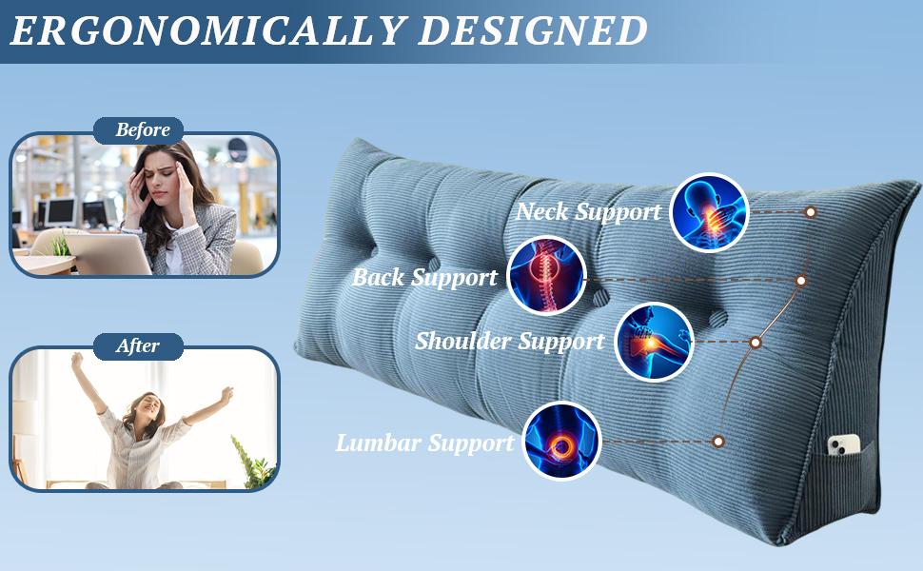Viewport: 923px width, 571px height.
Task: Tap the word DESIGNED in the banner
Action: [x=533, y=30]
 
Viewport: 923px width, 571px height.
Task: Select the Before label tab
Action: [x=138, y=130]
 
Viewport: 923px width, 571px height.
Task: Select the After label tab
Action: [x=138, y=346]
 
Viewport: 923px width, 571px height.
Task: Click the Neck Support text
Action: [x=589, y=212]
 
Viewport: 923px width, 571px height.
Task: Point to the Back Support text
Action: [x=425, y=277]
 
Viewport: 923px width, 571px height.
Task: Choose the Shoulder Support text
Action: [x=510, y=341]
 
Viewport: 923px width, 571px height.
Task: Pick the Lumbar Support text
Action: [x=425, y=443]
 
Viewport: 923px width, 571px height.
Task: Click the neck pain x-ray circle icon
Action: [x=709, y=212]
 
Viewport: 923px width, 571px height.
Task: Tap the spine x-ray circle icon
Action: [x=546, y=275]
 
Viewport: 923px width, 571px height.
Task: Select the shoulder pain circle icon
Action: [x=654, y=342]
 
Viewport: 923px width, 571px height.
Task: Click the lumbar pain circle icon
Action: [x=562, y=441]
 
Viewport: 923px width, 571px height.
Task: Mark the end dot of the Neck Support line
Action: [x=811, y=212]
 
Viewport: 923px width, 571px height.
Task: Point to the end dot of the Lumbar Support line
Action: [x=717, y=442]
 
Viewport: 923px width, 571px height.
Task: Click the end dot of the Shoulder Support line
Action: [x=756, y=342]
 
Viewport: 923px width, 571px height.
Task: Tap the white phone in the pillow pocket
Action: [x=842, y=444]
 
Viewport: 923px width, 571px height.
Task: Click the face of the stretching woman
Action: [x=148, y=406]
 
